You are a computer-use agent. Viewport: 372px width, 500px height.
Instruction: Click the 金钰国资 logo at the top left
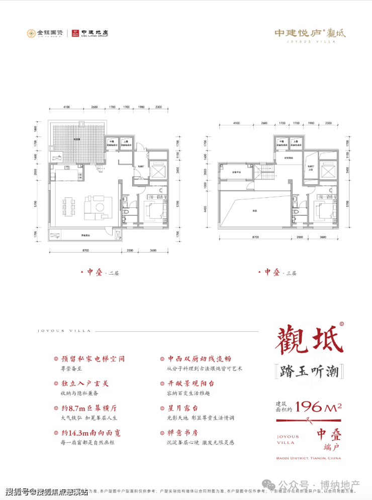coord(45,34)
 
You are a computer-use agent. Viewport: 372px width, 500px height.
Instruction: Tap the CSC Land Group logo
coord(90,34)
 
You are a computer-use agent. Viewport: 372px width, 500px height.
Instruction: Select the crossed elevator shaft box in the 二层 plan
coord(159,171)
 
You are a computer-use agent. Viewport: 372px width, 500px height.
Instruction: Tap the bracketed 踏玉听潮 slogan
coord(308,372)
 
